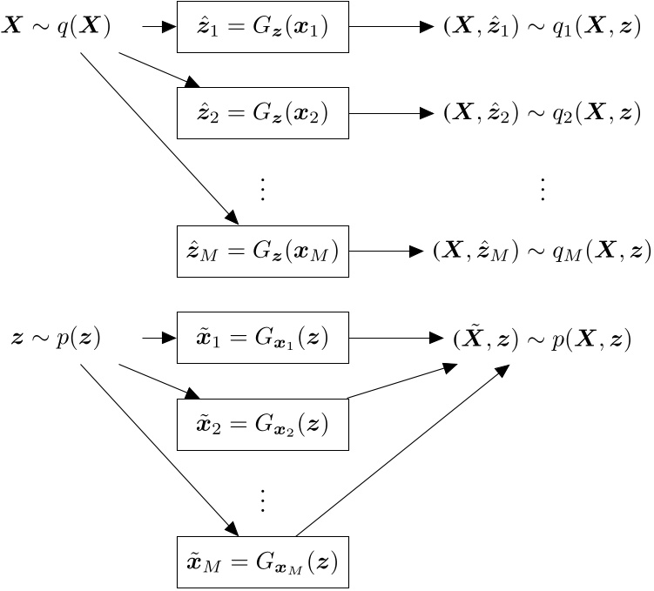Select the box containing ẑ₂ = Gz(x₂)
(x=263, y=112)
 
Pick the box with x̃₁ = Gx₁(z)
(x=263, y=338)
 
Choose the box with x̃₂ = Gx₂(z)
(x=263, y=425)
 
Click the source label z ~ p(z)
(x=56, y=338)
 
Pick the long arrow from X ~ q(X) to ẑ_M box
(x=157, y=135)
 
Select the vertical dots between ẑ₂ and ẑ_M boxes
(x=263, y=188)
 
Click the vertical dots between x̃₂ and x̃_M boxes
(x=263, y=500)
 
